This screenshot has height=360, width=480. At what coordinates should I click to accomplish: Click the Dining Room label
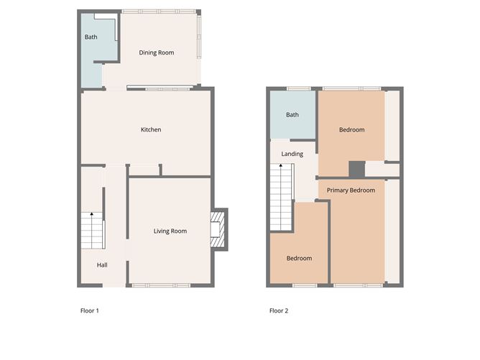(x=156, y=52)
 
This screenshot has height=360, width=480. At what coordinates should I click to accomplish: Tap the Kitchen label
(x=150, y=129)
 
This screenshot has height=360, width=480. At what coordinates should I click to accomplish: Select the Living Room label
(x=170, y=231)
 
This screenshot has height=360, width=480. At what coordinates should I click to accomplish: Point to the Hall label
(x=102, y=265)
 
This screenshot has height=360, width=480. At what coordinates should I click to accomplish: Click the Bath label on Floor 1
(x=91, y=37)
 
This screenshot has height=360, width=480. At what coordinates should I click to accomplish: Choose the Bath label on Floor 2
(x=292, y=114)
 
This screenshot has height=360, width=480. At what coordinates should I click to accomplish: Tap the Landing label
(x=292, y=154)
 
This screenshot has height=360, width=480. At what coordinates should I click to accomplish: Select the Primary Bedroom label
(x=351, y=190)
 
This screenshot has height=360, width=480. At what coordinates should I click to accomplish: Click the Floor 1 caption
(x=89, y=311)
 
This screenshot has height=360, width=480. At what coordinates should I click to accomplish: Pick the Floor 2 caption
(x=279, y=311)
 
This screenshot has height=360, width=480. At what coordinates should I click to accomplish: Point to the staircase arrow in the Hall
(x=91, y=216)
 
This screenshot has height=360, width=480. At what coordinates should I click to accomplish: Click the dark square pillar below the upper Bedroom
(x=356, y=169)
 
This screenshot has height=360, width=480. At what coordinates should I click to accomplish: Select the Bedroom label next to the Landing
(x=351, y=129)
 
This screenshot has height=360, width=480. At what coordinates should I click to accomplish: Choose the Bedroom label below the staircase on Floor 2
(x=299, y=258)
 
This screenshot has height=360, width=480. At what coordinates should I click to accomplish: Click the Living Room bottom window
(x=161, y=285)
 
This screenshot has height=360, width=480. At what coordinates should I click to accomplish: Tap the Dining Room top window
(x=158, y=11)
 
